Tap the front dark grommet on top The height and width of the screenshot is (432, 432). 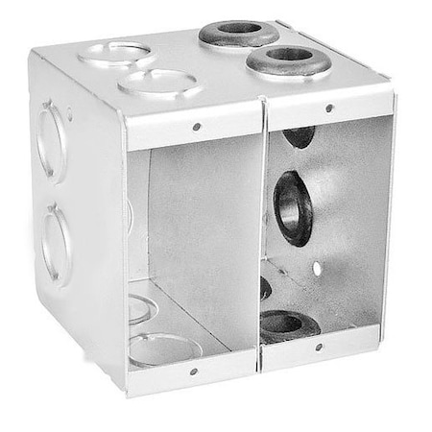click(287, 60)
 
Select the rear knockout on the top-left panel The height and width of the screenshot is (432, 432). click(116, 53)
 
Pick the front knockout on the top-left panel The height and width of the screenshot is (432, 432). click(159, 84)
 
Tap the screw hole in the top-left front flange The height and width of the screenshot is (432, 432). click(196, 127)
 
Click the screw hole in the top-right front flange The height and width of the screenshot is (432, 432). click(329, 108)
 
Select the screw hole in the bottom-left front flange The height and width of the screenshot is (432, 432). click(193, 371)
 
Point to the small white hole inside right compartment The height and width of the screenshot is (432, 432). click(317, 268)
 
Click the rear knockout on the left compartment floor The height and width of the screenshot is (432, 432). click(139, 308)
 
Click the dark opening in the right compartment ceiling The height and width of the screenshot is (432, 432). click(299, 135)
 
